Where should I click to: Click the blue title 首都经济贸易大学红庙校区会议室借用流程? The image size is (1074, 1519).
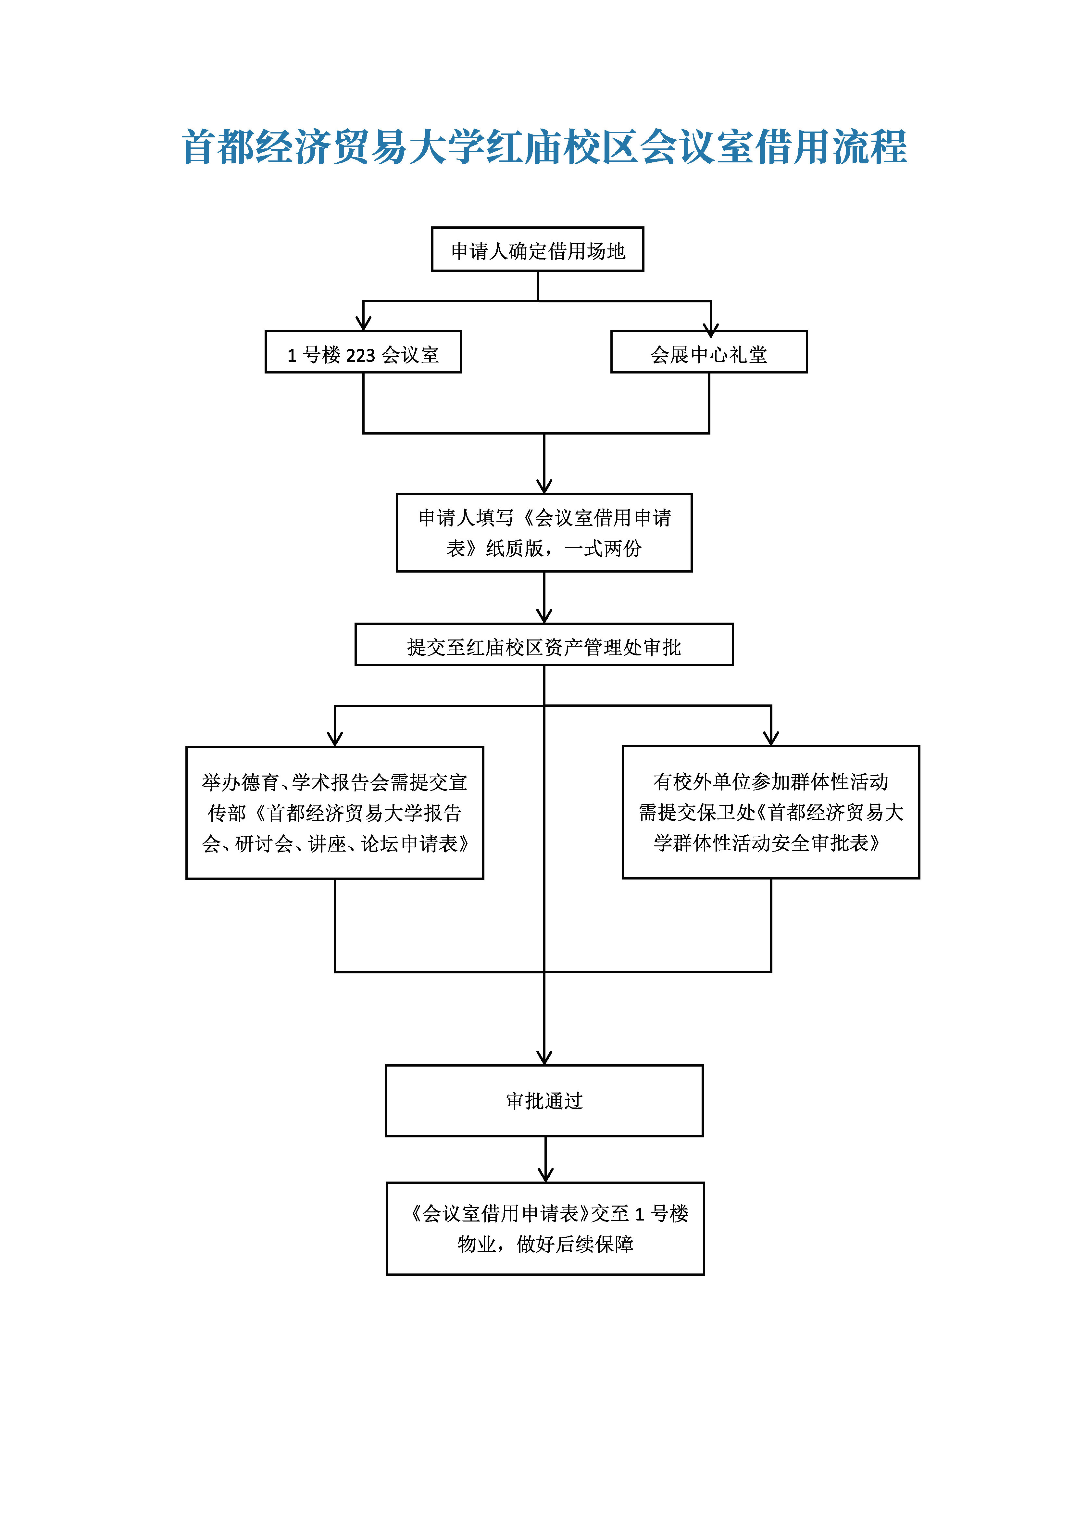pyautogui.click(x=543, y=147)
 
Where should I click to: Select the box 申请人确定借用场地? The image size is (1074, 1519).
pyautogui.click(x=537, y=249)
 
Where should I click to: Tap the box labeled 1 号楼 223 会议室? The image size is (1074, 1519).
pyautogui.click(x=363, y=352)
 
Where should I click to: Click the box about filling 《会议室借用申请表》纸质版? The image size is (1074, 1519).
pyautogui.click(x=543, y=533)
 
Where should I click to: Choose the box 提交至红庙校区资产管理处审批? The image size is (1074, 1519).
pyautogui.click(x=543, y=644)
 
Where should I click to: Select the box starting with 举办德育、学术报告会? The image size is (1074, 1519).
pyautogui.click(x=335, y=812)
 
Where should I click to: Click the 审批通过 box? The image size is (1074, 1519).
pyautogui.click(x=543, y=1101)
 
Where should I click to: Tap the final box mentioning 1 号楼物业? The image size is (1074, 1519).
pyautogui.click(x=545, y=1229)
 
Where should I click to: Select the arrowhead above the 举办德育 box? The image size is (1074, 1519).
pyautogui.click(x=335, y=738)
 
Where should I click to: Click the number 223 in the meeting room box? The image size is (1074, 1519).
pyautogui.click(x=360, y=355)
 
